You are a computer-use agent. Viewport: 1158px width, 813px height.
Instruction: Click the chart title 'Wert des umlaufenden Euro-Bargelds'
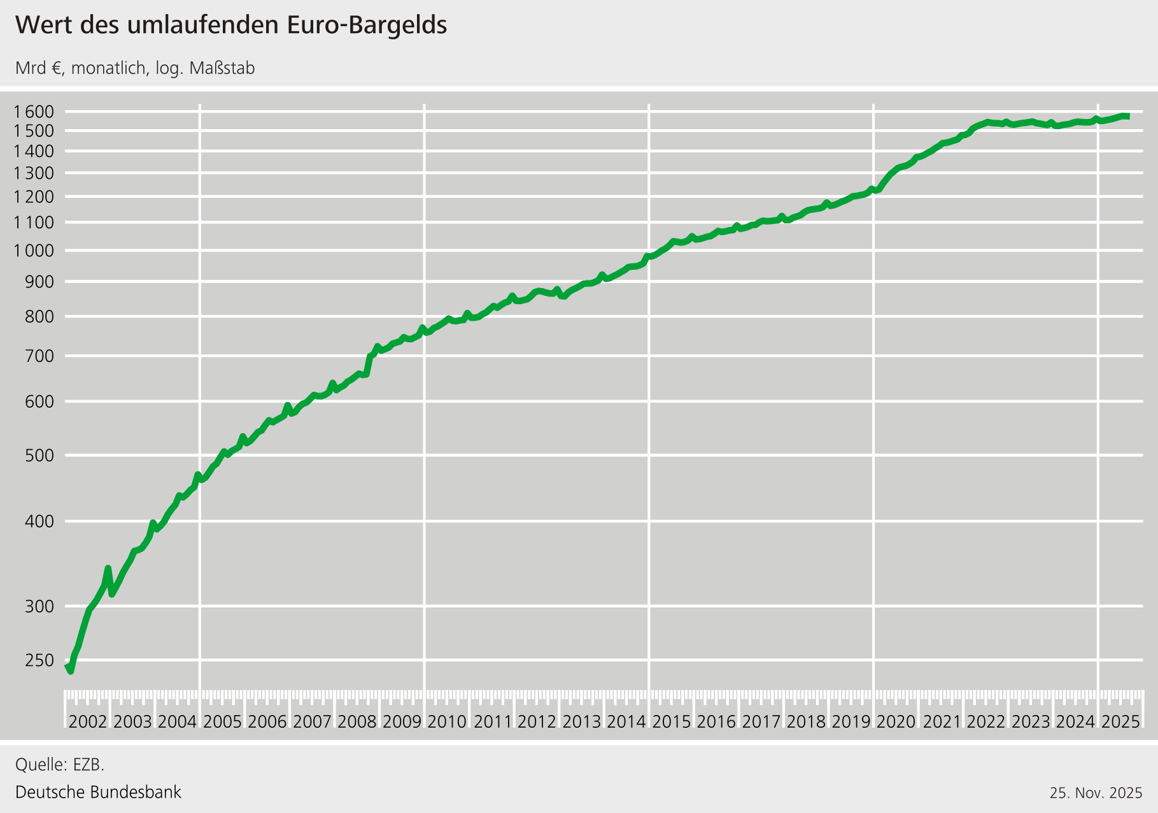click(x=231, y=25)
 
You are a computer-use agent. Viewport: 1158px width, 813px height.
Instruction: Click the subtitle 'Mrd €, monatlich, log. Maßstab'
click(x=135, y=68)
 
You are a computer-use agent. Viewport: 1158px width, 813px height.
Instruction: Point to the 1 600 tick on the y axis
click(x=33, y=112)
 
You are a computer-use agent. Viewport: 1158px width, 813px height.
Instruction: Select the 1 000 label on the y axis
click(x=33, y=251)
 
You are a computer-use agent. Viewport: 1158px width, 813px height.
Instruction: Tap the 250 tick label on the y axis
click(x=39, y=660)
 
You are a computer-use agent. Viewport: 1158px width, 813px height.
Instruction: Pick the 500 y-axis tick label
click(x=39, y=455)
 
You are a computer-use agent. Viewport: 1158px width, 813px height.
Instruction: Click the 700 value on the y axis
click(x=39, y=356)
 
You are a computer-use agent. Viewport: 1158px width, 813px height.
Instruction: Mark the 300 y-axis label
click(x=39, y=606)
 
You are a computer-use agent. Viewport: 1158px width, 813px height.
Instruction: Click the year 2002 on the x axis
click(x=88, y=721)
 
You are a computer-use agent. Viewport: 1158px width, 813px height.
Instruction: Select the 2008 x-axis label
click(x=357, y=721)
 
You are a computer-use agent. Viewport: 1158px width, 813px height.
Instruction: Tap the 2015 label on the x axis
click(x=672, y=721)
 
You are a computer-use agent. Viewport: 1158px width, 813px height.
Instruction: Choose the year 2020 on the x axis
click(x=896, y=721)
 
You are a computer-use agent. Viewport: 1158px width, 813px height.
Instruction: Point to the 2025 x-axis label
click(x=1120, y=721)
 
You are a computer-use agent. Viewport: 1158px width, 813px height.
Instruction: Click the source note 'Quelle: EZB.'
click(x=60, y=764)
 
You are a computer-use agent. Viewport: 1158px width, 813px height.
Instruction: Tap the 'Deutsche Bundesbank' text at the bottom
click(x=98, y=792)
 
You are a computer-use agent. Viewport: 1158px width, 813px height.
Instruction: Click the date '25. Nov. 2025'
click(x=1096, y=793)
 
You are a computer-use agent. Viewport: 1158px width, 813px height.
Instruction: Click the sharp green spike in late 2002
click(x=108, y=568)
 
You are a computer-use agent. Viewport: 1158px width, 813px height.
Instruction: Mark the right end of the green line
click(x=1128, y=116)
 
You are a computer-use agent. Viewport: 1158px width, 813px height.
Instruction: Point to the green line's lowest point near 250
click(x=70, y=671)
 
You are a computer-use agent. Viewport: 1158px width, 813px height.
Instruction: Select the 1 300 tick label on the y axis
click(x=33, y=173)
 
